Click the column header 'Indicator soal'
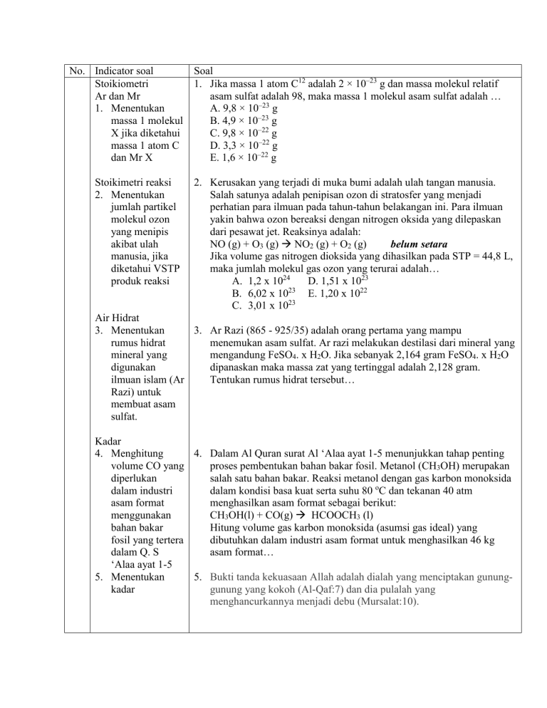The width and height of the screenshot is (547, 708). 129,71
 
